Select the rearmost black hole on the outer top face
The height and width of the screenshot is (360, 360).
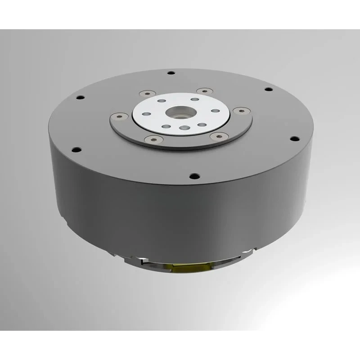tap(171, 73)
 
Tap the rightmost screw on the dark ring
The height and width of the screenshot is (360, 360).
tap(240, 110)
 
